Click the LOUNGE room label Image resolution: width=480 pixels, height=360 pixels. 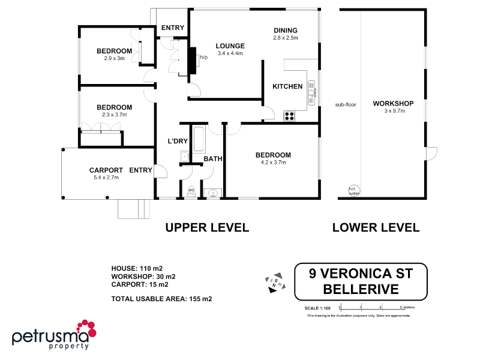coord(230,46)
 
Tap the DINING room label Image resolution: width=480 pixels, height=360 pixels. coord(285,31)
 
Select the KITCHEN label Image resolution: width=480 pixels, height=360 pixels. coord(287,86)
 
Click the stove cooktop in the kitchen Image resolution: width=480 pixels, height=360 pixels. coord(290,115)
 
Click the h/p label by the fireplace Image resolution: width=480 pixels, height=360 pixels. coord(203,58)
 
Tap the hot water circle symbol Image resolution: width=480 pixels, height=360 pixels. coord(354,190)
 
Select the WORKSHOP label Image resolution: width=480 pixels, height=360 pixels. coord(393,103)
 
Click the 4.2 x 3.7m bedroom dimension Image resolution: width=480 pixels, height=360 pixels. coord(272,162)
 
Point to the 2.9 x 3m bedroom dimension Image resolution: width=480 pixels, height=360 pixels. coord(114,58)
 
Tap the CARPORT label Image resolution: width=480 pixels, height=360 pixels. coord(106,170)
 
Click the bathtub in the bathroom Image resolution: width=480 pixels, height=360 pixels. coord(197,139)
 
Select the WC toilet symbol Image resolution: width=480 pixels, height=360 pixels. coord(191,191)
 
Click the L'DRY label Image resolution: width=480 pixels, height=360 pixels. coord(179,141)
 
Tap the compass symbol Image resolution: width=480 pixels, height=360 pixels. coord(273,283)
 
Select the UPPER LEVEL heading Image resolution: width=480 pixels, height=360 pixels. coord(207,227)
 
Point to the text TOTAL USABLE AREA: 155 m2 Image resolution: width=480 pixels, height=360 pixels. coord(161,298)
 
